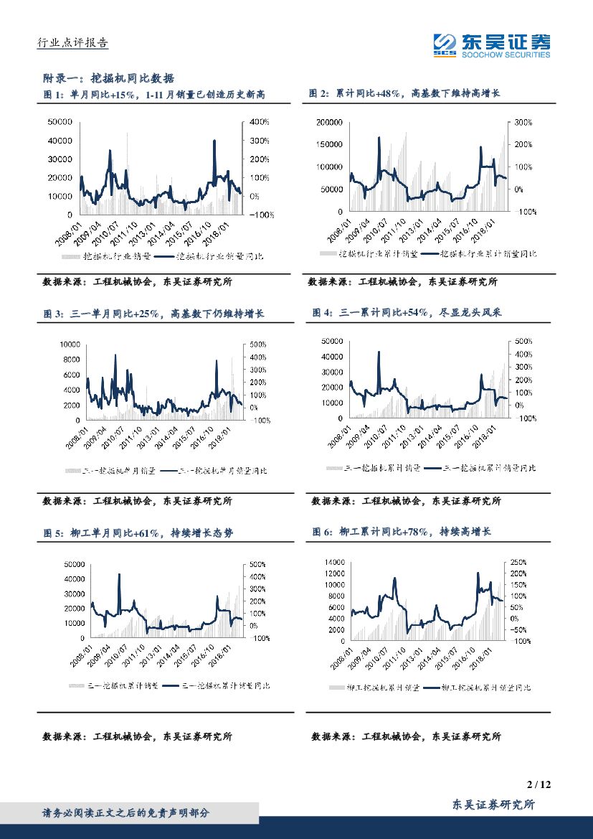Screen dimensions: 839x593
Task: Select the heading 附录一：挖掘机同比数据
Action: coord(110,78)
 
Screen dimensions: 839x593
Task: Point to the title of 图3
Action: coord(154,314)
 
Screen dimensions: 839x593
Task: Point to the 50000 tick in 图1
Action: coord(60,123)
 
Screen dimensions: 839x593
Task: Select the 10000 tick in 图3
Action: coord(68,345)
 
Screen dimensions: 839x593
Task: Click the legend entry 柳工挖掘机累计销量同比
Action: coord(488,688)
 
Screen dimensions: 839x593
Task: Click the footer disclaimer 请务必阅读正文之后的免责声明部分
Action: coord(126,812)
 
